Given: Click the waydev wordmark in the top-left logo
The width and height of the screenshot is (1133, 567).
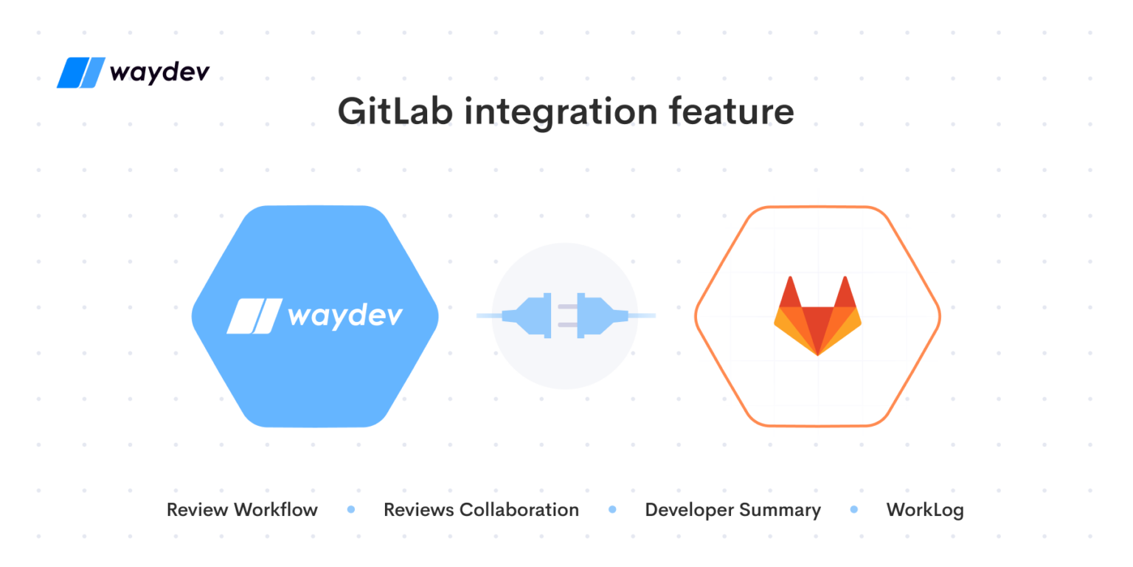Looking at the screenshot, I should [159, 73].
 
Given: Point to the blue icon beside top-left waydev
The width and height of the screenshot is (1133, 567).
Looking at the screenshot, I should [81, 73].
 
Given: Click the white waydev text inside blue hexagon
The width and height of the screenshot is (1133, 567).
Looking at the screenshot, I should [345, 315].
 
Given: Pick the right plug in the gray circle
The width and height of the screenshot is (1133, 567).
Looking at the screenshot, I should [601, 316].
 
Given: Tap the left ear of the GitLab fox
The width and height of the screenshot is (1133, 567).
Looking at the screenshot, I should [790, 292].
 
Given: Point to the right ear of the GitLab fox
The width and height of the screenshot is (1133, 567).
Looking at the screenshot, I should [845, 292].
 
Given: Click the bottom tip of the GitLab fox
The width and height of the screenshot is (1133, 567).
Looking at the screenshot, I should [817, 354].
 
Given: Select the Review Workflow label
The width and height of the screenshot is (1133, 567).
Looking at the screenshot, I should [242, 509].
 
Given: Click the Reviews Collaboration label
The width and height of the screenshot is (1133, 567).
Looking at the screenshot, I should [481, 509].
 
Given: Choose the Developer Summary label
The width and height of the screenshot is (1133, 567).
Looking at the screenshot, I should [732, 509].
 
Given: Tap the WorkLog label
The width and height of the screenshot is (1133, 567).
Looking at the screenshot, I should [924, 509].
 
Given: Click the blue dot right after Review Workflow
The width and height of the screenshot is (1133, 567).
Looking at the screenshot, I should [351, 509].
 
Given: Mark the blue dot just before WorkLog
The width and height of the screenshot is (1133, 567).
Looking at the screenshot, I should [854, 509].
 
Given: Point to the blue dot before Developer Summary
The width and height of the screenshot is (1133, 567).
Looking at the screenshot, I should [612, 509].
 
